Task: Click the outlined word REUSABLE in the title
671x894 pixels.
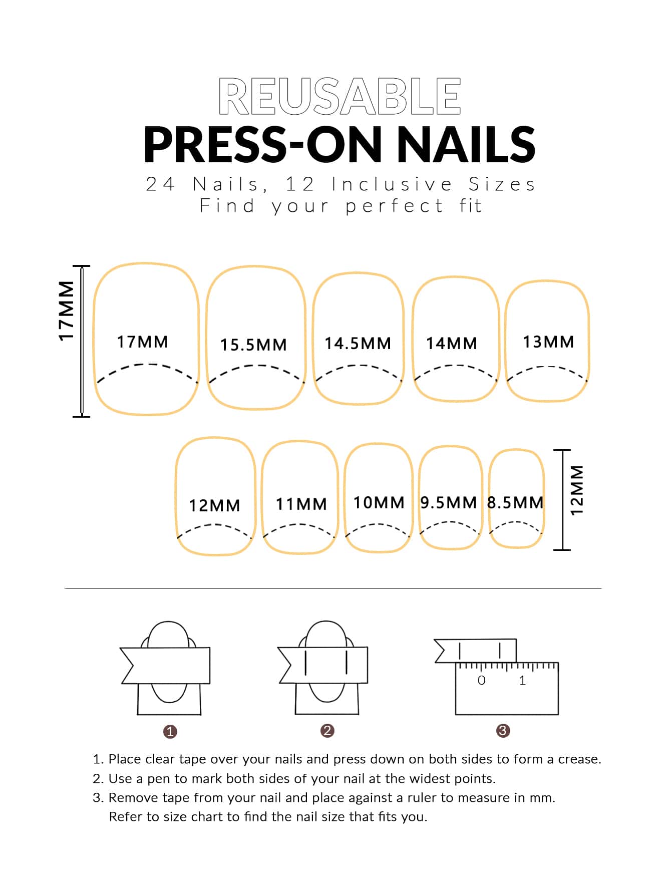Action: [x=340, y=96]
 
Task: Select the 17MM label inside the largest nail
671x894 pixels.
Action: [x=143, y=342]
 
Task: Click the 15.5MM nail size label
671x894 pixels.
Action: [x=254, y=345]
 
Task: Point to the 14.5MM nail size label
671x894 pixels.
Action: [x=358, y=344]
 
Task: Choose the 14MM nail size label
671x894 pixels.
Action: [x=452, y=344]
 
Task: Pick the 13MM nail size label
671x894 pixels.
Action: [x=549, y=342]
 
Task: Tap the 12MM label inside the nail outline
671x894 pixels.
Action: [x=215, y=506]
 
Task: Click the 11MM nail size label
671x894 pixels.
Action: [x=301, y=504]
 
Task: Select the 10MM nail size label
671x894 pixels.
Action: [x=379, y=503]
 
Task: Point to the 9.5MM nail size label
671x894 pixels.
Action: [x=449, y=503]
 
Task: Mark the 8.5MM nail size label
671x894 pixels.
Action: [x=516, y=503]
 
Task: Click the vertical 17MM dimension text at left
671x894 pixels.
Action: [x=67, y=311]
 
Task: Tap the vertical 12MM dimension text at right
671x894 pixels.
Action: [x=577, y=490]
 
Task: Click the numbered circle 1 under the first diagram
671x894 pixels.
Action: [x=170, y=732]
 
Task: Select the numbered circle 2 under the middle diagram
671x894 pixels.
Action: [x=327, y=731]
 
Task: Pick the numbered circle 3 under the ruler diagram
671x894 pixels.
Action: [x=503, y=731]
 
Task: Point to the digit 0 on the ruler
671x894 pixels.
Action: [x=482, y=680]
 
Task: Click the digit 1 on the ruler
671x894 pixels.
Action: [x=522, y=680]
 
